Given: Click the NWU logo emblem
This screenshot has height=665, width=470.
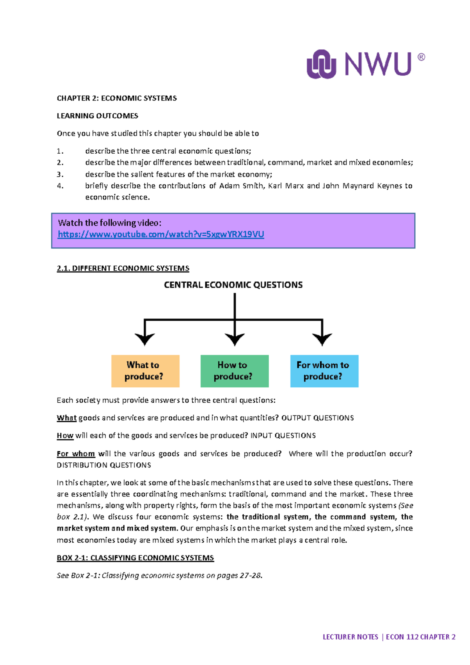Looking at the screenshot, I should coord(321,64).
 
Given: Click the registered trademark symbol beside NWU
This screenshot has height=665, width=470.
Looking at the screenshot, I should coord(421,57).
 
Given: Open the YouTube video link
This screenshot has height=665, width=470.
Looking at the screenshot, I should coord(161,234).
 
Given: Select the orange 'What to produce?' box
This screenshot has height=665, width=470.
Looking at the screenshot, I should coord(145,371).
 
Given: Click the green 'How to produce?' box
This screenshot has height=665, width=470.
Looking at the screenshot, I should coord(234,371).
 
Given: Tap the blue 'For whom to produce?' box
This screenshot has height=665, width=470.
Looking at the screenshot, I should coord(324,371).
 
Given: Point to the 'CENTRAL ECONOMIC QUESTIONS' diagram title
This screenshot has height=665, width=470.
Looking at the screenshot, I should coord(233,285).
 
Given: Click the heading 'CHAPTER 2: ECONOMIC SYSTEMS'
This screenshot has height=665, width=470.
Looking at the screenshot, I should coord(117,98).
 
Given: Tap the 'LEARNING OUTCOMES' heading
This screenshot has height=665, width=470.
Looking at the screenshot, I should coord(98,116).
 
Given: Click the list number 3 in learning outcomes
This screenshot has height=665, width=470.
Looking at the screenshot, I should coord(60,174).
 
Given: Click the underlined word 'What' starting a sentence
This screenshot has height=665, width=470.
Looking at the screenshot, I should coord(67,418).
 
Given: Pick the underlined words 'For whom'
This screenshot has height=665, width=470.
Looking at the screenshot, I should coord(76,454).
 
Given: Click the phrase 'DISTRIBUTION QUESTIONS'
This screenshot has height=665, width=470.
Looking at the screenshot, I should coord(104,465).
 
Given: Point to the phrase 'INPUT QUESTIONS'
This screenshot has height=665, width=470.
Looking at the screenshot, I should coord(283,436).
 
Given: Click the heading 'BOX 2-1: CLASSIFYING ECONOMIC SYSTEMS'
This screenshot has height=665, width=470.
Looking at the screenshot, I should coord(135,558).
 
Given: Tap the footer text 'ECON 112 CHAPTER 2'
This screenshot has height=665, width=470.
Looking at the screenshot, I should coord(420,637).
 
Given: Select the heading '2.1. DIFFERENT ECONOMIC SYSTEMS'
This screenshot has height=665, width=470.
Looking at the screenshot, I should coord(123,269).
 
